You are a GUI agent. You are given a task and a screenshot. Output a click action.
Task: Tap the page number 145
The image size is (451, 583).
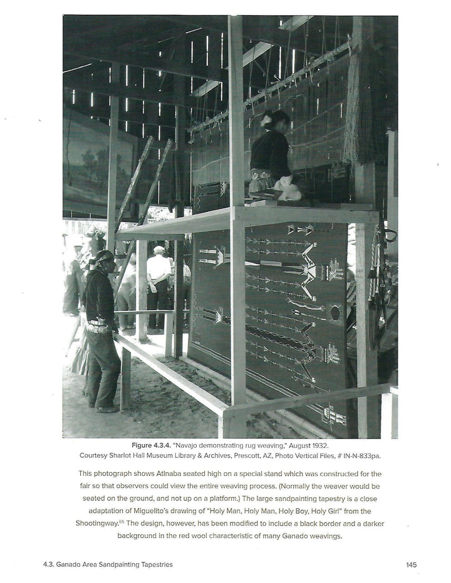point(411,565)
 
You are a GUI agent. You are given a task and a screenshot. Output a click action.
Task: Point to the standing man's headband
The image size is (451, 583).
point(103,257)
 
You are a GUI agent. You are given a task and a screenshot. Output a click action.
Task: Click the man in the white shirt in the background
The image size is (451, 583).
point(158,275)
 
